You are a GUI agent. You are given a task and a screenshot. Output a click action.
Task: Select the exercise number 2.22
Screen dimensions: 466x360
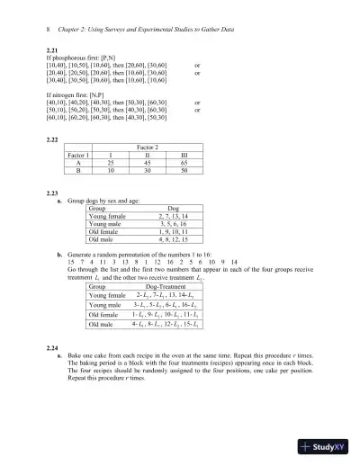click(52, 139)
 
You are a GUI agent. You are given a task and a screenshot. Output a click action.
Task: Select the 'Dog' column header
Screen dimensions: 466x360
click(174, 208)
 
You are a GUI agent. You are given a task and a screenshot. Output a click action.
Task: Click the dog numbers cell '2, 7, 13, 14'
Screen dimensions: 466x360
click(174, 216)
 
